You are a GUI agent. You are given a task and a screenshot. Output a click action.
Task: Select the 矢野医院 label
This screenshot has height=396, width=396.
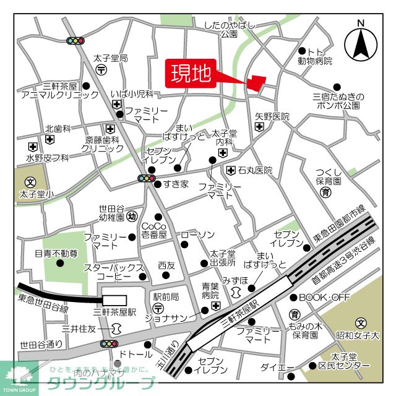[x=272, y=116]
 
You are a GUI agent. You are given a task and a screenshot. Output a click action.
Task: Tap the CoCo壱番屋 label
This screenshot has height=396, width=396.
[x=155, y=230]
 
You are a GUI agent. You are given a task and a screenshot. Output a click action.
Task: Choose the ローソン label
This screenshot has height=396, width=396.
[x=197, y=235]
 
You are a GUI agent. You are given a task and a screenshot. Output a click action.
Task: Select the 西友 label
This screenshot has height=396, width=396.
[x=166, y=265]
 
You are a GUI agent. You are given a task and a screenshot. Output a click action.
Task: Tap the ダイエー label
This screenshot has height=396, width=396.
[x=277, y=368]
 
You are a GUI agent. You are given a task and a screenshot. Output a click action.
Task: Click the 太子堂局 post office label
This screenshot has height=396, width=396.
[x=110, y=58]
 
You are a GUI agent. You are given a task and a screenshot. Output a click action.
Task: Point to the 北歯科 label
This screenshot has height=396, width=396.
[x=58, y=129]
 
